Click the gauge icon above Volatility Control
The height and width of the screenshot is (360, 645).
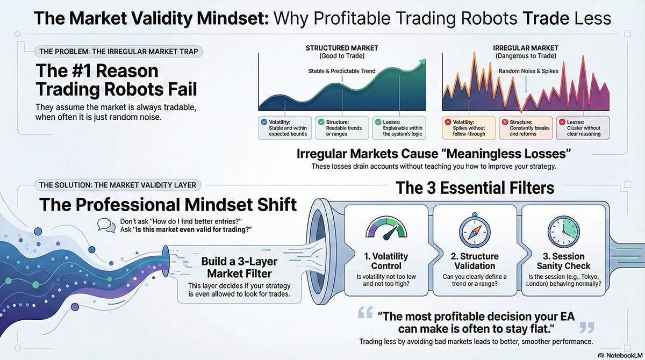coord(386,228)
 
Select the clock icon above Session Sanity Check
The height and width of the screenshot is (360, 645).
coord(563,232)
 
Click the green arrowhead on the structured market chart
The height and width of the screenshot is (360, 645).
coord(422,62)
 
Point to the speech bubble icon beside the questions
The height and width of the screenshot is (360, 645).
coord(106,225)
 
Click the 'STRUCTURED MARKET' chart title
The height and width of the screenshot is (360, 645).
coord(342,48)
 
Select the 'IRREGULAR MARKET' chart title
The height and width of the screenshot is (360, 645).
coord(526,48)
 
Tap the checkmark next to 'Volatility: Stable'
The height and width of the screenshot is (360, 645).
coord(264,122)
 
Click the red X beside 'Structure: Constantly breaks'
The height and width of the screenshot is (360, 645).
coord(505,122)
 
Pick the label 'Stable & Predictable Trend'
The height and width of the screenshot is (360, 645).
coord(342,71)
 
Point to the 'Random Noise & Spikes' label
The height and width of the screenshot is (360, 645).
coord(528,71)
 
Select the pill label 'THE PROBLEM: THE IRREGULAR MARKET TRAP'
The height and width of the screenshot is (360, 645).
coord(119,52)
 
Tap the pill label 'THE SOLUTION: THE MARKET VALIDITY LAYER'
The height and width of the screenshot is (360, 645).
coord(118,185)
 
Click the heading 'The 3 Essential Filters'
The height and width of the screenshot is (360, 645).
coord(475,188)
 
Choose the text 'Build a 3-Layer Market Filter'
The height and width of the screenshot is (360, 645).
coord(239,268)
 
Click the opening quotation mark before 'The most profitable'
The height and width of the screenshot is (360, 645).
coord(365,312)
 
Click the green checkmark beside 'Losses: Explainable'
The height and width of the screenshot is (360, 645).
coord(378,122)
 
